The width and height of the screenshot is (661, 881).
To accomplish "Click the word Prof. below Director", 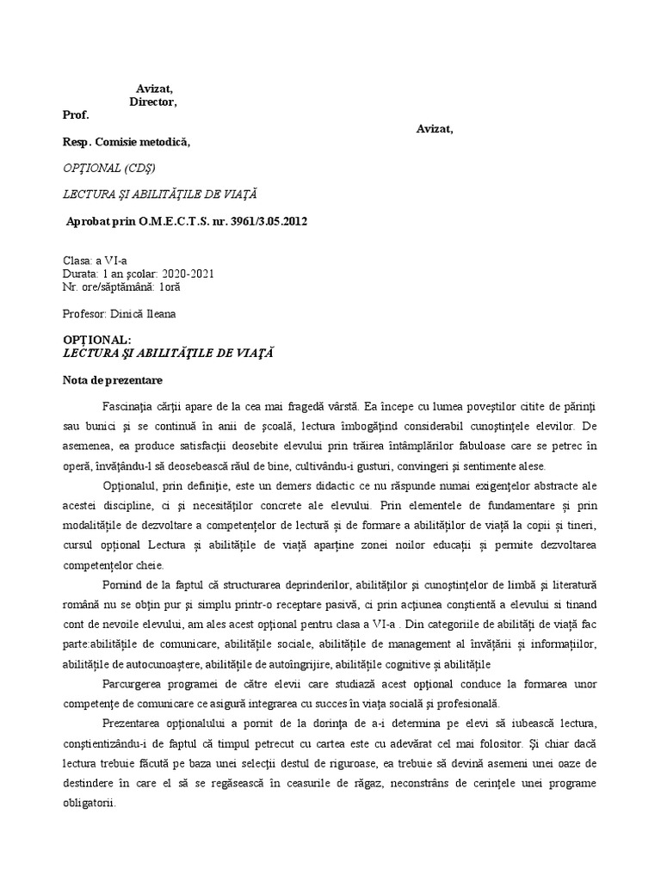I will click(x=76, y=115).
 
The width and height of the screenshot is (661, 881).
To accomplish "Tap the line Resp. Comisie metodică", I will click(x=126, y=143).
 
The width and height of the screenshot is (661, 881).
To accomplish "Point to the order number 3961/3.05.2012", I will click(x=263, y=221).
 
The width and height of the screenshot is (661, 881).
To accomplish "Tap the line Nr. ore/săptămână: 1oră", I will click(x=121, y=286).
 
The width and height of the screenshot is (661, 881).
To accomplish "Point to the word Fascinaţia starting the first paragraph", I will click(x=133, y=405).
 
